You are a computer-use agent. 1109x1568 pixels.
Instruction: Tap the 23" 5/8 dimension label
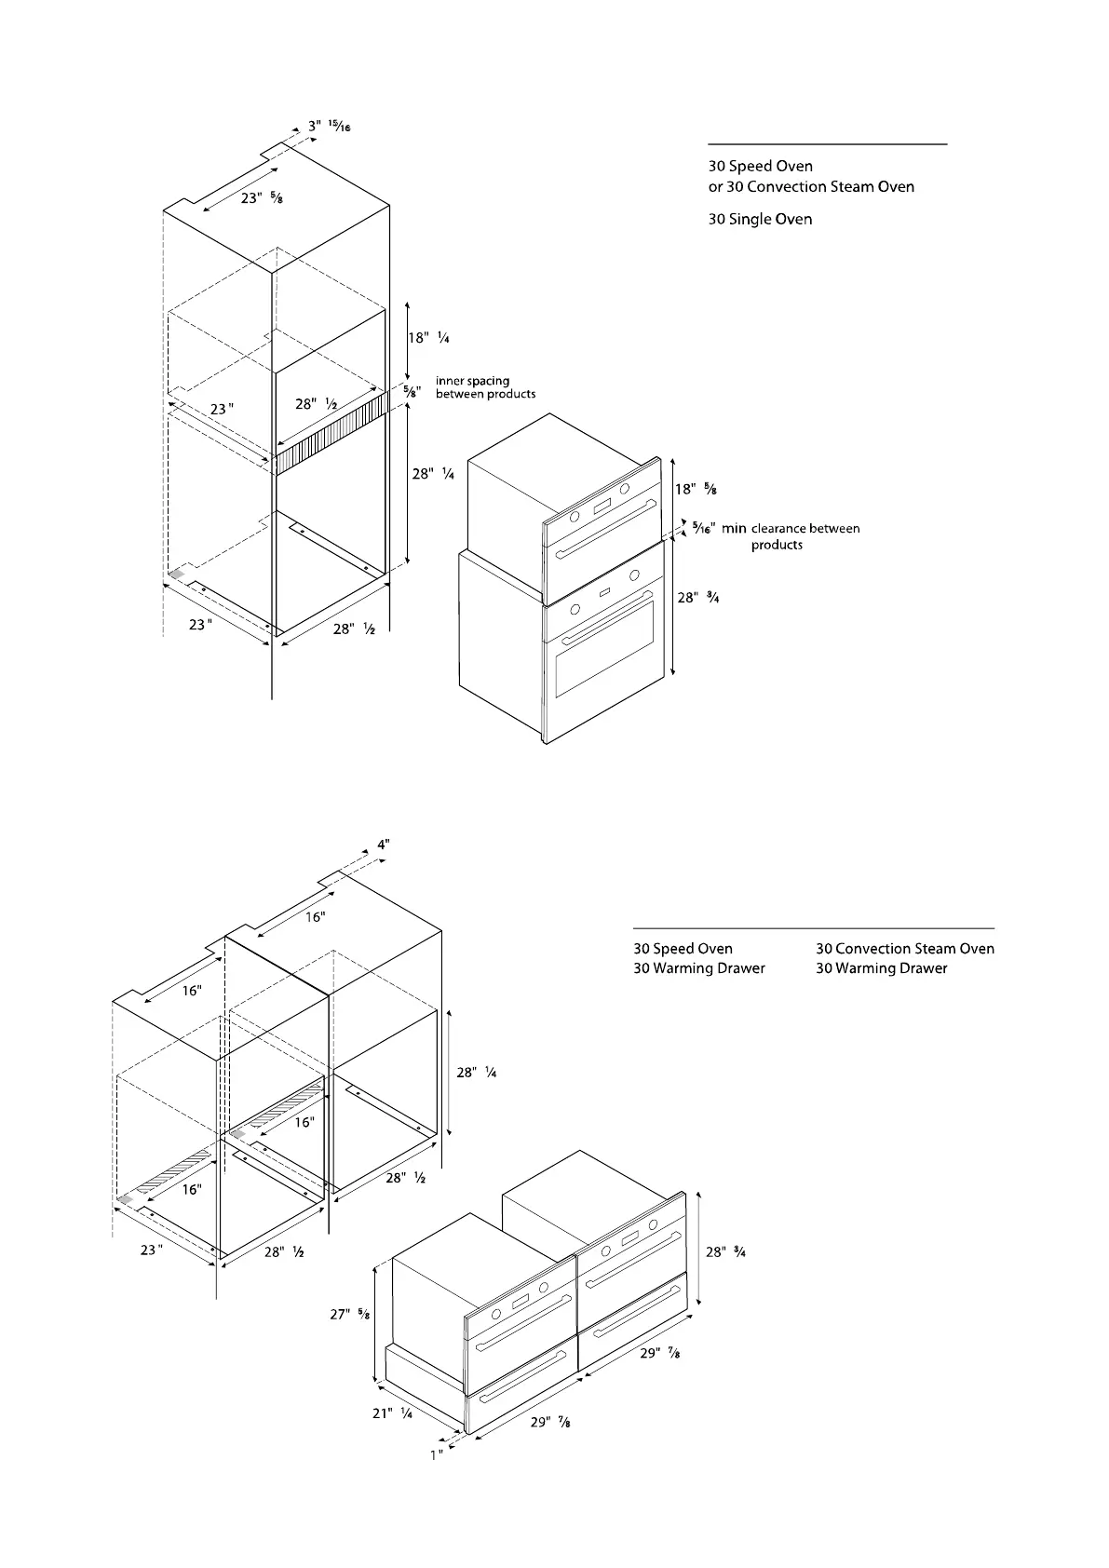[256, 198]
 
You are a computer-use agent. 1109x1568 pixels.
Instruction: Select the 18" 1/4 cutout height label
[429, 338]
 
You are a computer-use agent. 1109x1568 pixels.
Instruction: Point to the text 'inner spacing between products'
[485, 387]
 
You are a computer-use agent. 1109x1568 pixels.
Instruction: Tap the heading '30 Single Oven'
[760, 219]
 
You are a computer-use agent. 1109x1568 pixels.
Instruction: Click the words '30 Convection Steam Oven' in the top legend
[819, 186]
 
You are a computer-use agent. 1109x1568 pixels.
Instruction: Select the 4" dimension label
[383, 845]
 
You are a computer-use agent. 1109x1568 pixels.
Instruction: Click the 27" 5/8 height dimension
[350, 1315]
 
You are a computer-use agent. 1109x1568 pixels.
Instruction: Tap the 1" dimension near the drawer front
[436, 1454]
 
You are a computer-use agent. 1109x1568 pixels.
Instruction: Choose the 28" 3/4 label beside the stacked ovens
[698, 598]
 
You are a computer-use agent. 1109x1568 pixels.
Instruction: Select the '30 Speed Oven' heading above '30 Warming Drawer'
[683, 949]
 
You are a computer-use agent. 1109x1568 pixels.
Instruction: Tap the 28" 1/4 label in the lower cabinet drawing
[476, 1073]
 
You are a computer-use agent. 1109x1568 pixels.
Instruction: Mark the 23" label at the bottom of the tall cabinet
[199, 625]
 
